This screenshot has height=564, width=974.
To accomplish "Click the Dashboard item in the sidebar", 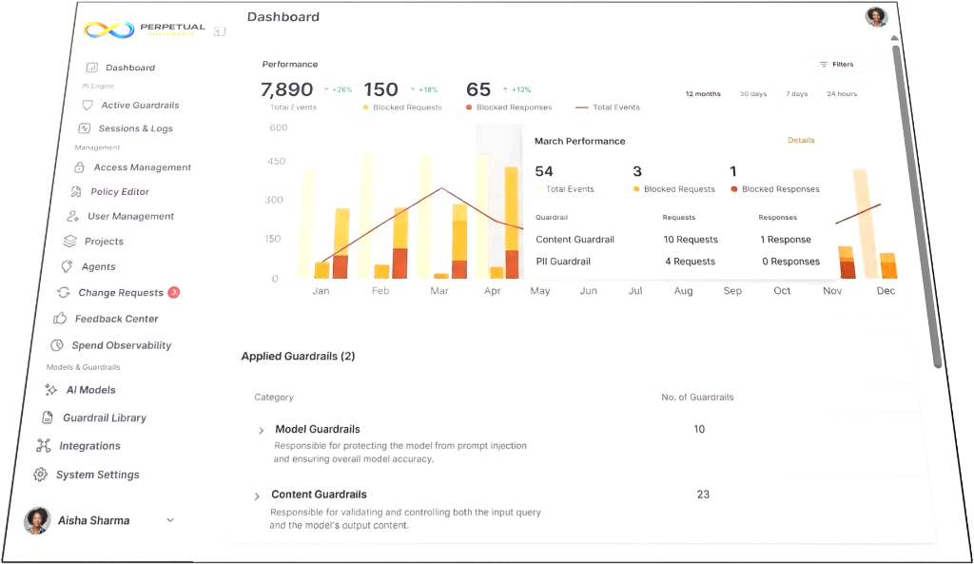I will click(129, 68).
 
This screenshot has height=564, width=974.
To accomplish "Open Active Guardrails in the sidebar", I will click(140, 106).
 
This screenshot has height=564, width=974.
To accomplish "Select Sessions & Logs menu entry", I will click(135, 128).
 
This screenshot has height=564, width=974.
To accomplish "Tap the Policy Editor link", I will click(119, 192).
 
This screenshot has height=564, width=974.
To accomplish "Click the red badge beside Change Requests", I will click(174, 293).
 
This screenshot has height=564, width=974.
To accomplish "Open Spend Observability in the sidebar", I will click(121, 346).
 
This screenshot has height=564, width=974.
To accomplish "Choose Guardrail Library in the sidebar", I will click(104, 418).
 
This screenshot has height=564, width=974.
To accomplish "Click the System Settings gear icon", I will click(41, 475).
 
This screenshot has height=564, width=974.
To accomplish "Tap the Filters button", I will click(837, 65).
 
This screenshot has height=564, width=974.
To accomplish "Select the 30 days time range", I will click(752, 94).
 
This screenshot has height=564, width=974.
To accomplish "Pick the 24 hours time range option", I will click(842, 94).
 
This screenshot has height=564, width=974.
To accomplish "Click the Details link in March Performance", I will click(801, 141).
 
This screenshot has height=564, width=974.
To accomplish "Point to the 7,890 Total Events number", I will click(286, 90).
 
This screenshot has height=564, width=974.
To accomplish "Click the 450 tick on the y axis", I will click(276, 162).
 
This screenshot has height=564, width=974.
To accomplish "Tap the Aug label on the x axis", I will click(683, 291).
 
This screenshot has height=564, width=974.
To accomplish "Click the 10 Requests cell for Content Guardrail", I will click(691, 240).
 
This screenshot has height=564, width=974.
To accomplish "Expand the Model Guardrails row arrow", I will click(262, 431).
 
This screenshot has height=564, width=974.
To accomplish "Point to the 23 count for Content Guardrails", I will click(703, 495).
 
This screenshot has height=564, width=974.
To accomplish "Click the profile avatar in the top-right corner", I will click(876, 16).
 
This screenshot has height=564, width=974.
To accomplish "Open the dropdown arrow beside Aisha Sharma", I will click(170, 520).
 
